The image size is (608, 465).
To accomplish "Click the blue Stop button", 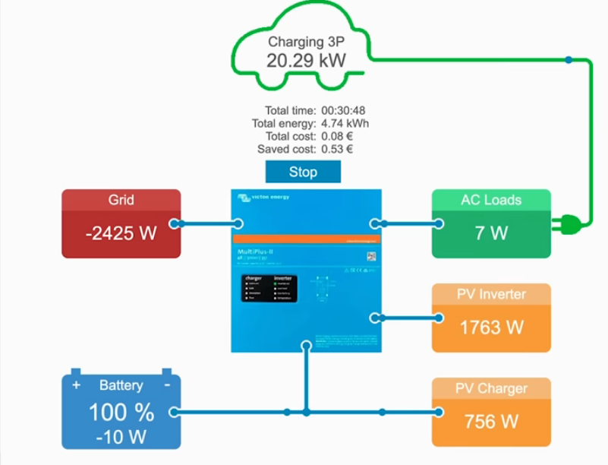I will tap(303, 172).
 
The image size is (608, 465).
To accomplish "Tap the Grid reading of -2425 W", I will tap(121, 233).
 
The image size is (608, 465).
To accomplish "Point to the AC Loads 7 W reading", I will tap(491, 233).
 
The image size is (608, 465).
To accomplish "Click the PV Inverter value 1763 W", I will tap(491, 327).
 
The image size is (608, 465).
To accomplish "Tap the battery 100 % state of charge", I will tap(121, 413).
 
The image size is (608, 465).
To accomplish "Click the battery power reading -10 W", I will tap(121, 437).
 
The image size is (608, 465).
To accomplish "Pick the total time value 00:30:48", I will tap(343, 110).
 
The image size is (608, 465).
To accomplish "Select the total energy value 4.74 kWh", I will tap(345, 123).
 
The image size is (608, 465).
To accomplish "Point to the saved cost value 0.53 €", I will tap(337, 149).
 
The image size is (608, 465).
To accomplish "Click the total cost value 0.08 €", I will tap(337, 136).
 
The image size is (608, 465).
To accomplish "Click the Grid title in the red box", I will tap(121, 200).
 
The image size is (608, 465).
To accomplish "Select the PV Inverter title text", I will tap(491, 294).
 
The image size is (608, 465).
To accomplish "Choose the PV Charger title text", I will tap(491, 388).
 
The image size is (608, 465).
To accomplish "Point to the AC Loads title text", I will tap(491, 200).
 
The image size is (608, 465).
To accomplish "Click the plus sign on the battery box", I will tap(76, 385).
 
